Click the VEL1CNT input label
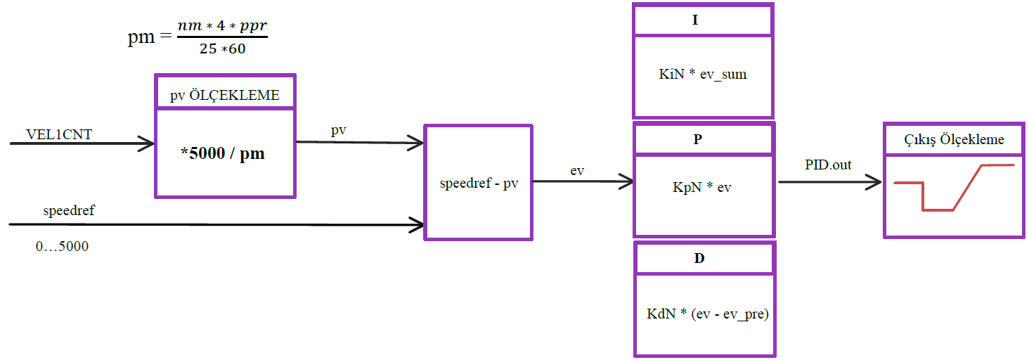(59, 134)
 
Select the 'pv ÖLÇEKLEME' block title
(225, 96)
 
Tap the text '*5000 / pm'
(223, 153)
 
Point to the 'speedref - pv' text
(478, 184)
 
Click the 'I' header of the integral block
(695, 20)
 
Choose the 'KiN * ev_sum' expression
(703, 74)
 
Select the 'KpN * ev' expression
(701, 188)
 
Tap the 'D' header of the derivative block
(699, 258)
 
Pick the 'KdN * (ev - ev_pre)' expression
(708, 314)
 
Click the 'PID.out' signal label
(828, 165)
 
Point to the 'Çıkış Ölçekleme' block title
(954, 139)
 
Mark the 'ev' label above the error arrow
(577, 170)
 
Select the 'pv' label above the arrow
(338, 131)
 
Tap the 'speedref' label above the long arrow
(69, 210)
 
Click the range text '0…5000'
(62, 247)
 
